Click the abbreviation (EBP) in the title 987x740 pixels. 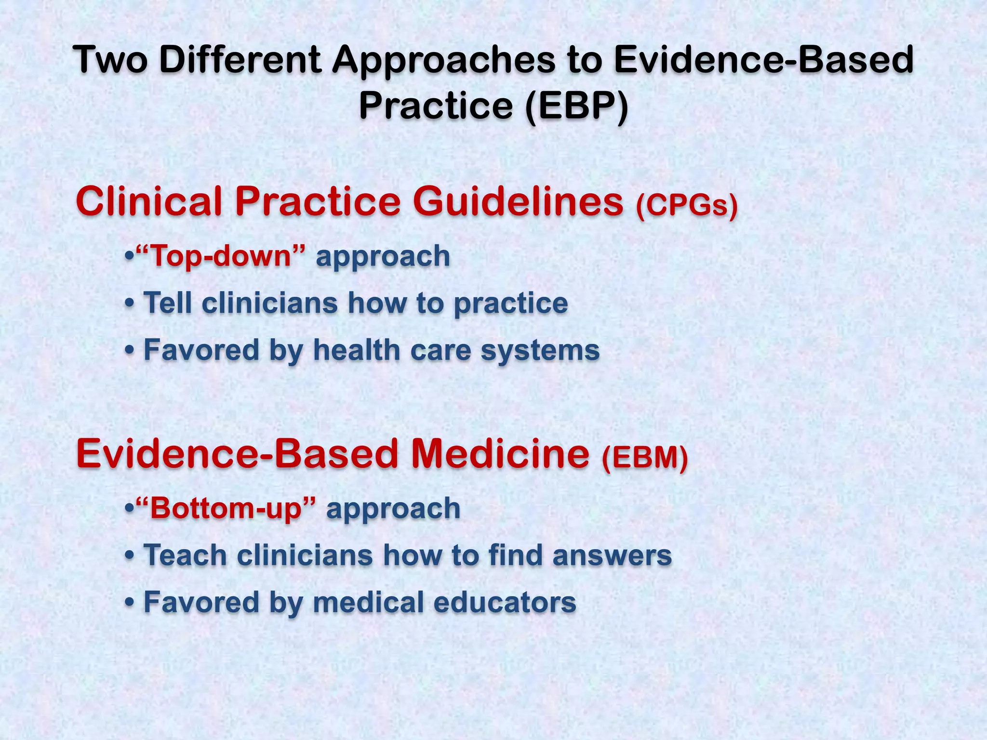[x=576, y=106]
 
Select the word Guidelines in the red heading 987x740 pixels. [x=518, y=201]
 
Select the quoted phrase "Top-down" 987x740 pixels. [x=221, y=256]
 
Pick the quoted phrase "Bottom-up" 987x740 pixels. [x=226, y=509]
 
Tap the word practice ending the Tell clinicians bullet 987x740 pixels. [x=511, y=304]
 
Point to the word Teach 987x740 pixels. [x=185, y=555]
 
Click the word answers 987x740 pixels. [x=612, y=556]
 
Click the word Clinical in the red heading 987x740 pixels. [x=149, y=201]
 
